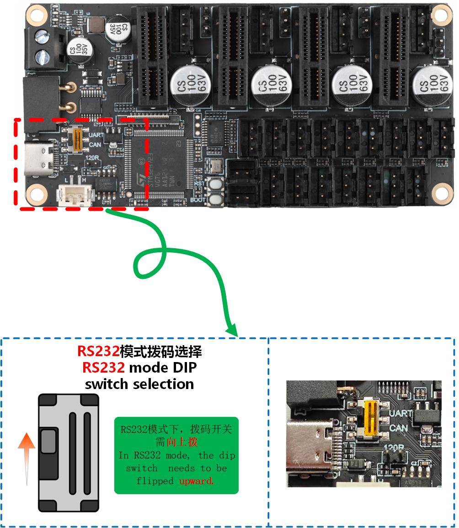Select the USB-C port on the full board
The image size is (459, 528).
point(39,158)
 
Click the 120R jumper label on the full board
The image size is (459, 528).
point(92,158)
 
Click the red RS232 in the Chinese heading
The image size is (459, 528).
point(98,352)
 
